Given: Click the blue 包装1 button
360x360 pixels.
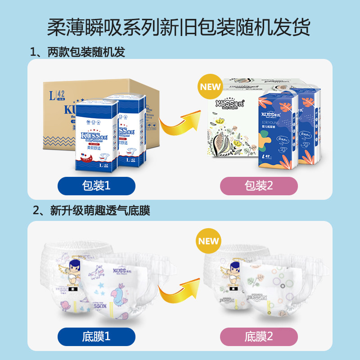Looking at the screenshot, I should tap(96, 186).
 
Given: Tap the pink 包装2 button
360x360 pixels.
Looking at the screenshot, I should tap(258, 186).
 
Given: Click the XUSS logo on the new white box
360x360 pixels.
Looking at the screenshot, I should tap(230, 103).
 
